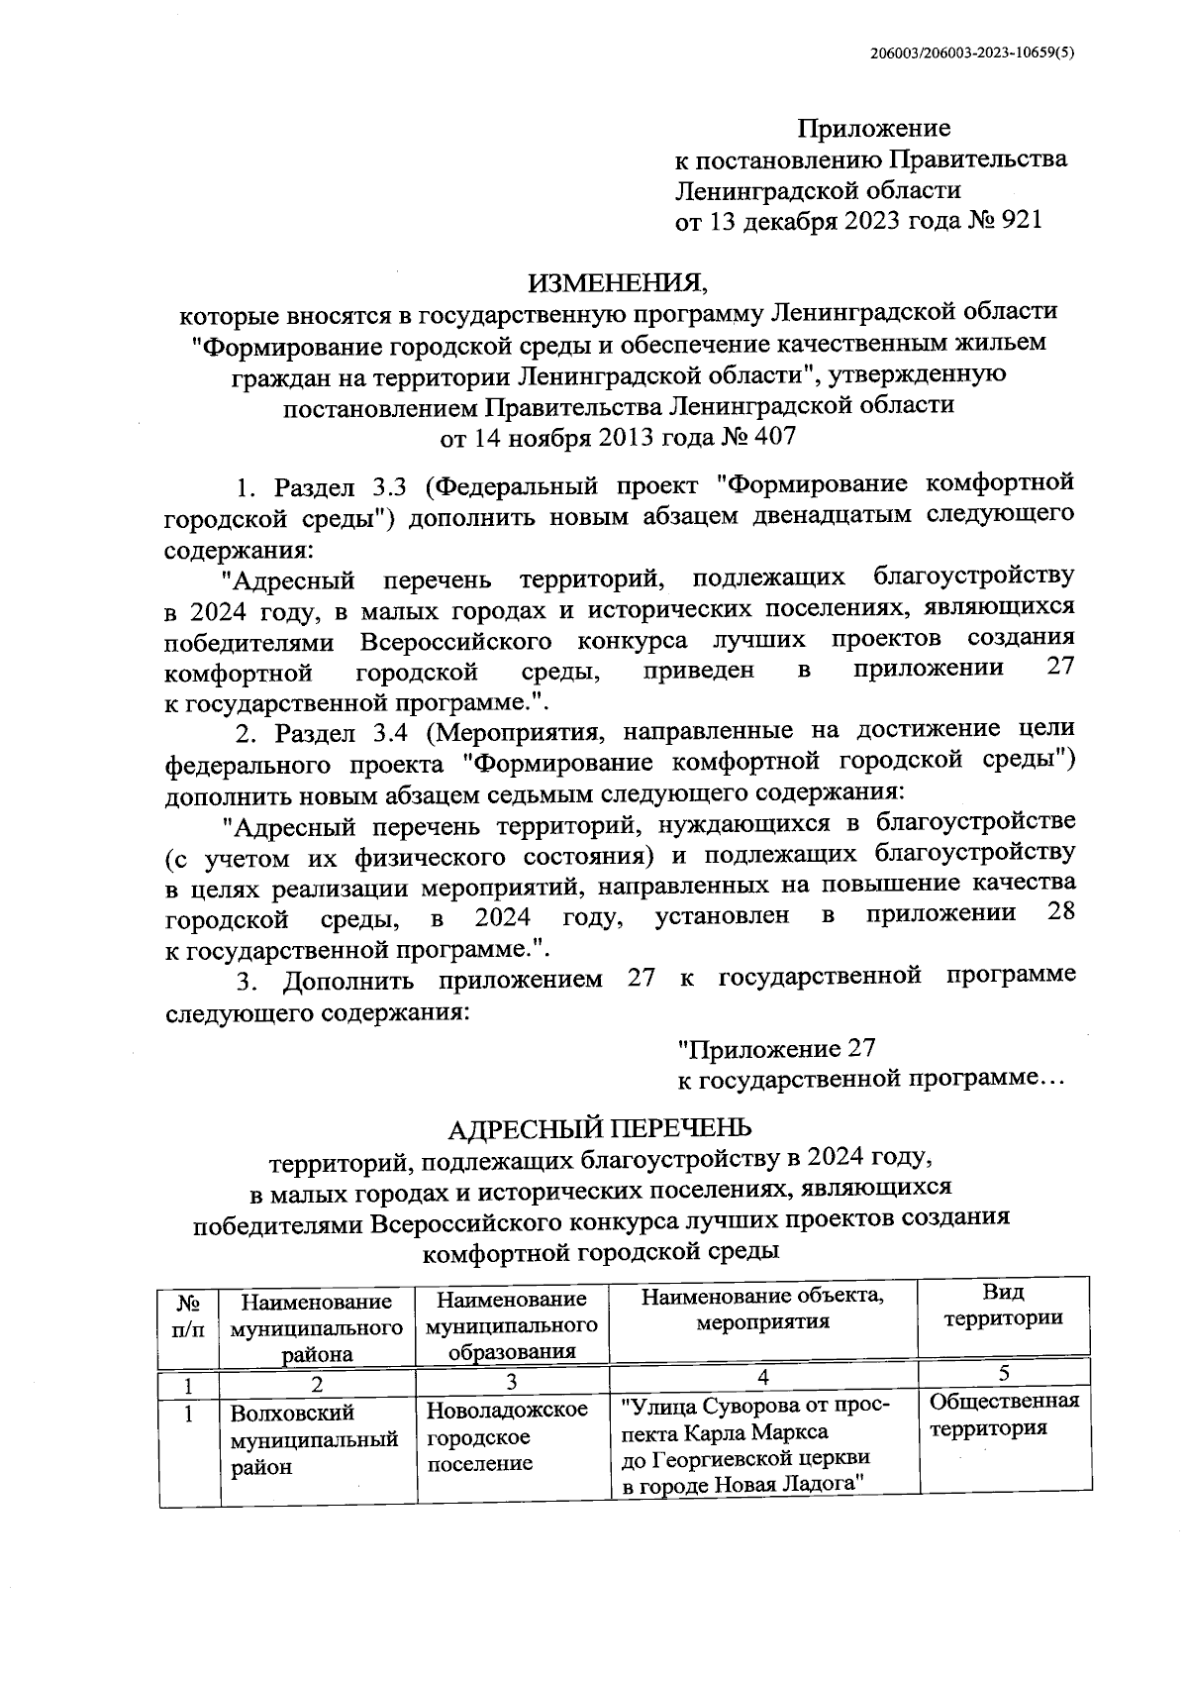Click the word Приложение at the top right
coord(874,128)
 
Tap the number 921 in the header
coord(1022,220)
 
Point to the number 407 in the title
coord(775,436)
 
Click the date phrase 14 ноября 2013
coord(560,436)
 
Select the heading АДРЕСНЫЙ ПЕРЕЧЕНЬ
coord(601,1128)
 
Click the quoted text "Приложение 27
coord(776,1048)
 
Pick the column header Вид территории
coord(1002,1305)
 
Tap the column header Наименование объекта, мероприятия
coord(762,1309)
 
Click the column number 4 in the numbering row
coord(762,1376)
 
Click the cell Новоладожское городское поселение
coord(508,1436)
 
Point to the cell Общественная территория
coord(1003,1415)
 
